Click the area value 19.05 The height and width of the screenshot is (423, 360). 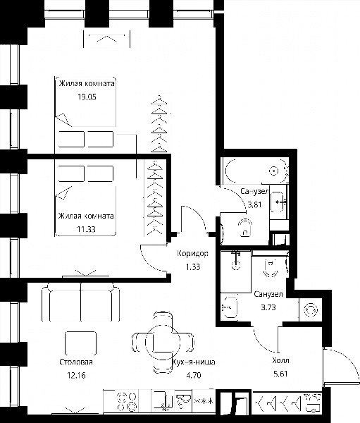(x=87, y=97)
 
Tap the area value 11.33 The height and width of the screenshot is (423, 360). (x=86, y=229)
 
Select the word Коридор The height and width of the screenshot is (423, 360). (x=192, y=254)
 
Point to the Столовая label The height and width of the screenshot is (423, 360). (x=76, y=362)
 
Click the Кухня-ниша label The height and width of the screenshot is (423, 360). (x=194, y=362)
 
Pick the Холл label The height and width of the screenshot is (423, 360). (x=280, y=360)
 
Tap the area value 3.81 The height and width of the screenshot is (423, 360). (x=254, y=204)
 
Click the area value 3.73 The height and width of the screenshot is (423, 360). (x=268, y=307)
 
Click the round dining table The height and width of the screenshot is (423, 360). (x=163, y=342)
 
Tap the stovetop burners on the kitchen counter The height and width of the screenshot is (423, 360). (x=127, y=402)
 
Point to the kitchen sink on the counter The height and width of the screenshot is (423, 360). (x=163, y=401)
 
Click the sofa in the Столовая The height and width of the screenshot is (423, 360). (x=80, y=302)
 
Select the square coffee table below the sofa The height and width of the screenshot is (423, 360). (x=80, y=343)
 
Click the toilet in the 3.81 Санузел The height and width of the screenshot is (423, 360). (x=245, y=228)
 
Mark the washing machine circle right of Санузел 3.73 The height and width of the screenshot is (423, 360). (x=311, y=309)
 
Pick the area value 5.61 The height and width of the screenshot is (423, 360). (x=280, y=374)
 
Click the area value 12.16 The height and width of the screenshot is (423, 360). (x=76, y=375)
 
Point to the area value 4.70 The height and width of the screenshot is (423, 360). (x=194, y=375)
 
